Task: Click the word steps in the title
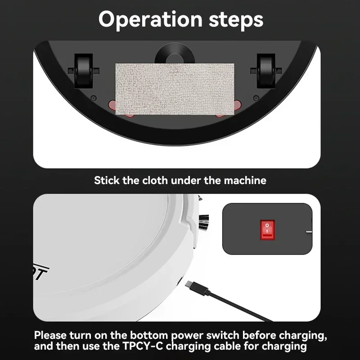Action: [x=235, y=20]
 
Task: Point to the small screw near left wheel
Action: [x=93, y=98]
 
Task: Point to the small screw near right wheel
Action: [x=255, y=98]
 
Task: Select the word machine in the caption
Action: [x=245, y=180]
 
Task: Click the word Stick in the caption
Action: [x=106, y=180]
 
